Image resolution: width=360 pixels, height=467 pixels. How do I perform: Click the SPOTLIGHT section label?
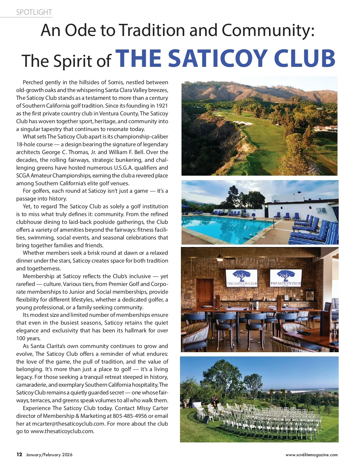pos(34,12)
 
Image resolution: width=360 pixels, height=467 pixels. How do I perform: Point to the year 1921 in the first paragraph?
pos(162,106)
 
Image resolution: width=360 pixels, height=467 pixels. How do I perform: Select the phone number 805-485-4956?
pos(130,416)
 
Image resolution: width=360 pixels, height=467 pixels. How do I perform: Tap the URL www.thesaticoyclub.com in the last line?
pos(62,432)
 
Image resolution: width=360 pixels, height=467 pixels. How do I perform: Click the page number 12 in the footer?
pos(19,454)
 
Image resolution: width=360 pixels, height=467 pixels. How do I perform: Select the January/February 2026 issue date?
pos(49,455)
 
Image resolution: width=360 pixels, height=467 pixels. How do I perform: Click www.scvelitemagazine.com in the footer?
pos(311,455)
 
